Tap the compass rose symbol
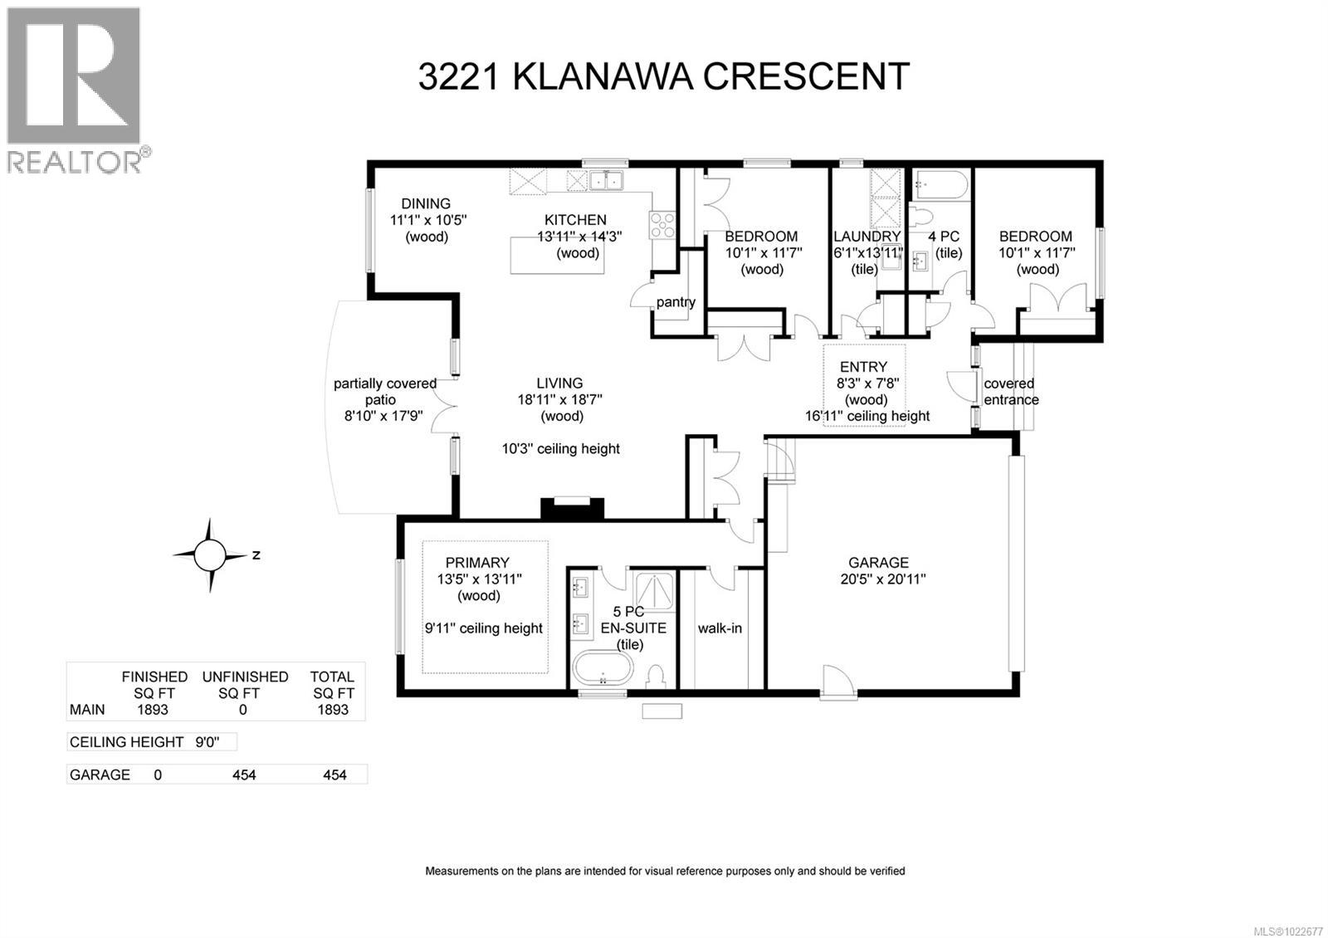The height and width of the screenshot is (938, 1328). click(211, 554)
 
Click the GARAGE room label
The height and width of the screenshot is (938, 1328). click(878, 563)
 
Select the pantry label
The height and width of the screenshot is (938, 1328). click(676, 302)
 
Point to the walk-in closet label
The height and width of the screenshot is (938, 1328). click(720, 628)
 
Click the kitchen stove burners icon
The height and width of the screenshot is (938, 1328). click(662, 225)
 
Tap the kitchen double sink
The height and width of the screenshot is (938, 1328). click(607, 180)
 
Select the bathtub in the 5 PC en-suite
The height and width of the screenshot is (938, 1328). click(603, 668)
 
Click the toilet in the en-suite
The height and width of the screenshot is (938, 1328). click(655, 675)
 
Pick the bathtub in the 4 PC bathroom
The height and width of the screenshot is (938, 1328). click(940, 184)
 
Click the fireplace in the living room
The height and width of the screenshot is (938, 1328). click(572, 507)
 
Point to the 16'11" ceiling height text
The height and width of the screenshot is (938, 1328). click(867, 417)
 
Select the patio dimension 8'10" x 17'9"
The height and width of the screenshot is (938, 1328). click(384, 417)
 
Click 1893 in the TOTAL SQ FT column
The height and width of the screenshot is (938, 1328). click(333, 710)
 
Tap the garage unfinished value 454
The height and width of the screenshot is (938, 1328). click(244, 775)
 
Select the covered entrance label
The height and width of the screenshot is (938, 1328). click(1010, 392)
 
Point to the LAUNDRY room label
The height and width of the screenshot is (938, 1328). click(867, 237)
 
